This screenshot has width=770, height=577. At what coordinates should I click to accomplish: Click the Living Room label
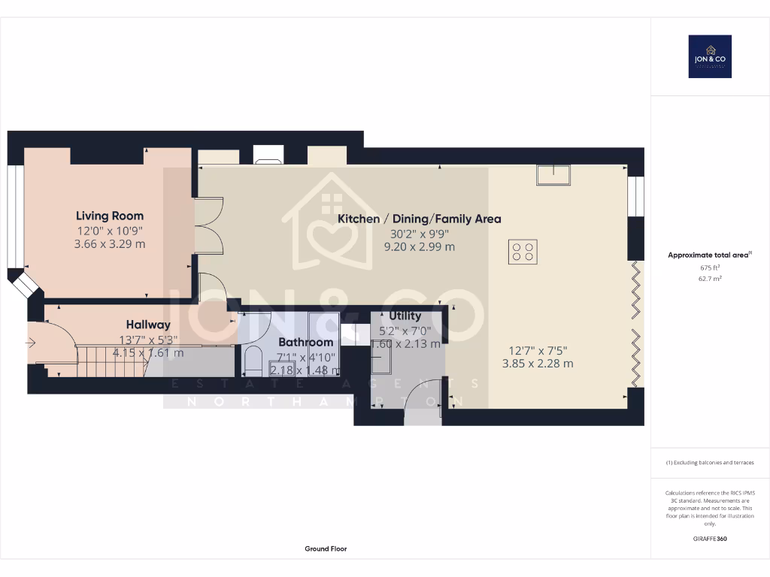109,216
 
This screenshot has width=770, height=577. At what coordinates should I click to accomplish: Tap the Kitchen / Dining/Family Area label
419,219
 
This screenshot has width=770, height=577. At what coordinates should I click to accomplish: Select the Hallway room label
148,325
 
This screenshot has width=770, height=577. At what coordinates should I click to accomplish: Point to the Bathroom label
305,342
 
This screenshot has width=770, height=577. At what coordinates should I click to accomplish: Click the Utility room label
405,316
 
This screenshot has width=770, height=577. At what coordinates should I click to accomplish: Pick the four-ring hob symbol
523,251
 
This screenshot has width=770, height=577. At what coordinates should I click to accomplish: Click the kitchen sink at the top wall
553,174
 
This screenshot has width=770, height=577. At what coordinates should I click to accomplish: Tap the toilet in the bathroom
253,361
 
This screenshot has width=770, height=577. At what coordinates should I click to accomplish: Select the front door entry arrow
30,343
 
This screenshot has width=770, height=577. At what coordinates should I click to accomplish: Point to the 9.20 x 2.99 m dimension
419,246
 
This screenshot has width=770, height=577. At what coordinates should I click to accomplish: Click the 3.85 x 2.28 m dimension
538,364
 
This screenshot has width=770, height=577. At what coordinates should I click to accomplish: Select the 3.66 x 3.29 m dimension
109,244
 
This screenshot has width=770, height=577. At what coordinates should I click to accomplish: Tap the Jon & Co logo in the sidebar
710,56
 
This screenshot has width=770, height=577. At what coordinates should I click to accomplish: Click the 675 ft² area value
710,267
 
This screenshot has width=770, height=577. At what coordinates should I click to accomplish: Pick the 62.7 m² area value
710,278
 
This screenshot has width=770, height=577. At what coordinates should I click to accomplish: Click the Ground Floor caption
326,548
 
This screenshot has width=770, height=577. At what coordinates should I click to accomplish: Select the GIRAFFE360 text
711,538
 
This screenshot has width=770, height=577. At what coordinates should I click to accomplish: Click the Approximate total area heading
708,255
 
